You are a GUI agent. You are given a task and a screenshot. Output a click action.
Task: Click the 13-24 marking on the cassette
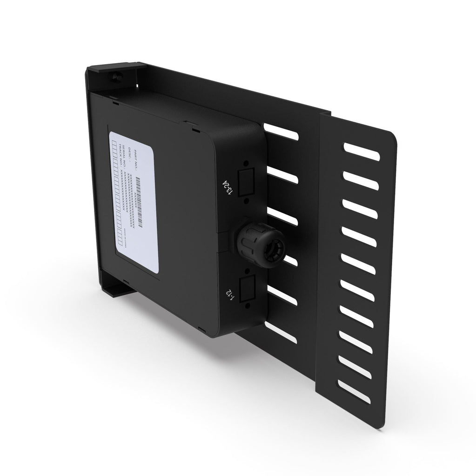point(227,187)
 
